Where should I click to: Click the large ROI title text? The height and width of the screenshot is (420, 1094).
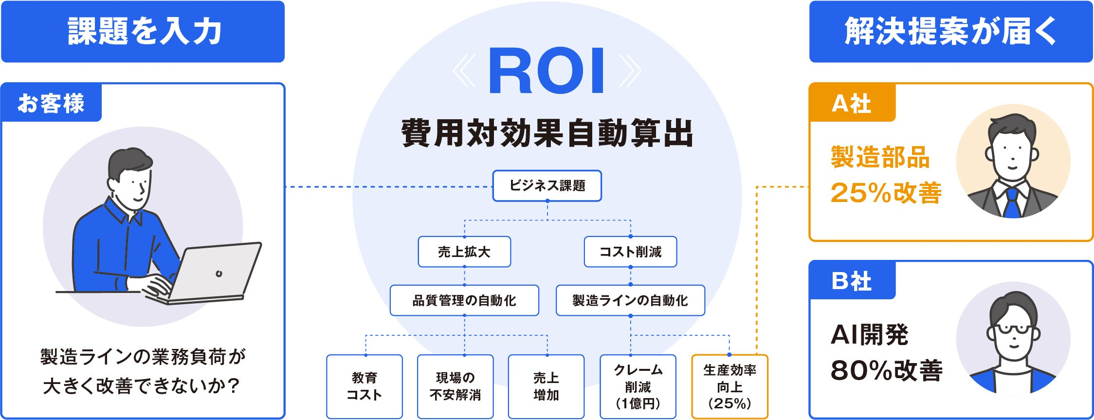coord(547,71)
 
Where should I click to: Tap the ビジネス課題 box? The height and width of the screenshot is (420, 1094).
coord(547,185)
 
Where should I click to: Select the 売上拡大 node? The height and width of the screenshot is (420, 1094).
coord(464,252)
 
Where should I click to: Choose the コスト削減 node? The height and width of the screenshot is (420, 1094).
coord(630,252)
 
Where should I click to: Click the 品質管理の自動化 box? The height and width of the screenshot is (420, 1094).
coord(464,300)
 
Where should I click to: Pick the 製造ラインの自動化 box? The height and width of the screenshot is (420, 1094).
coord(630,300)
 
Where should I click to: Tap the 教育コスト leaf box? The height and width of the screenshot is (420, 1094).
coord(364,386)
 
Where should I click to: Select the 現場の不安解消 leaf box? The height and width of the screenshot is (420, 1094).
coord(455,386)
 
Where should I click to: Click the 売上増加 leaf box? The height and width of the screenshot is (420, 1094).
coord(546,386)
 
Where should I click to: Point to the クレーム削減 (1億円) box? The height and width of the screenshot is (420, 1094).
coord(638,386)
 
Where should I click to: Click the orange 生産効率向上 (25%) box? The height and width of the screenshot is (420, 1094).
coord(729,386)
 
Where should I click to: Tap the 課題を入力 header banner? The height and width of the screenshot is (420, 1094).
coord(143,32)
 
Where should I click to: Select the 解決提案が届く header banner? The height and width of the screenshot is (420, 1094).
coord(951,32)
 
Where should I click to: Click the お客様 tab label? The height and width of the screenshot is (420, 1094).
coord(51,103)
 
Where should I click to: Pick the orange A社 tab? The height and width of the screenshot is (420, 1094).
coord(852,103)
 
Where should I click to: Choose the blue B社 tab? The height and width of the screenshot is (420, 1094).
coord(852,281)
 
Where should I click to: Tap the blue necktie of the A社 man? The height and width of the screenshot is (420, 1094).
coord(1012,203)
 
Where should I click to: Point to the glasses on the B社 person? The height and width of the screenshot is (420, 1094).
coord(1013,329)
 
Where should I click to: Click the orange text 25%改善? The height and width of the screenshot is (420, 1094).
coord(886,193)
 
